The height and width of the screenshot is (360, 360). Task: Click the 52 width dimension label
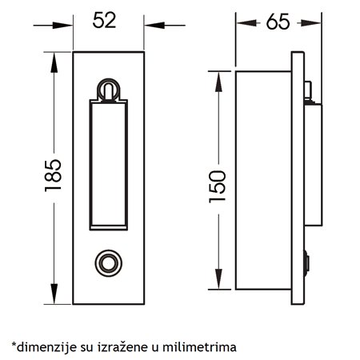tap(105, 20)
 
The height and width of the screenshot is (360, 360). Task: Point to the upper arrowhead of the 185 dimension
tap(54, 58)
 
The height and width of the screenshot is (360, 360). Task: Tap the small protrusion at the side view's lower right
tap(308, 261)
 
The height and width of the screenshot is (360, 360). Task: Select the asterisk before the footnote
tap(14, 345)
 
